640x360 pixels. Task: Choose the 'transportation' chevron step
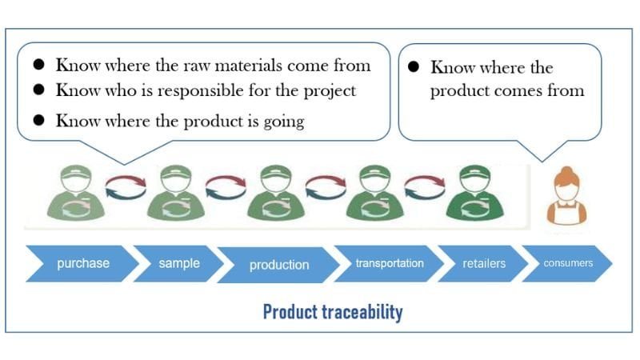point(390,263)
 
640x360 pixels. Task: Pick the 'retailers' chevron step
point(484,263)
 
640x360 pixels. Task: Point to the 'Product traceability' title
point(333,312)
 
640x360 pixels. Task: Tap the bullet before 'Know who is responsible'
point(38,90)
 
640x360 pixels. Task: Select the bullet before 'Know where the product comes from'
point(414,68)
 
